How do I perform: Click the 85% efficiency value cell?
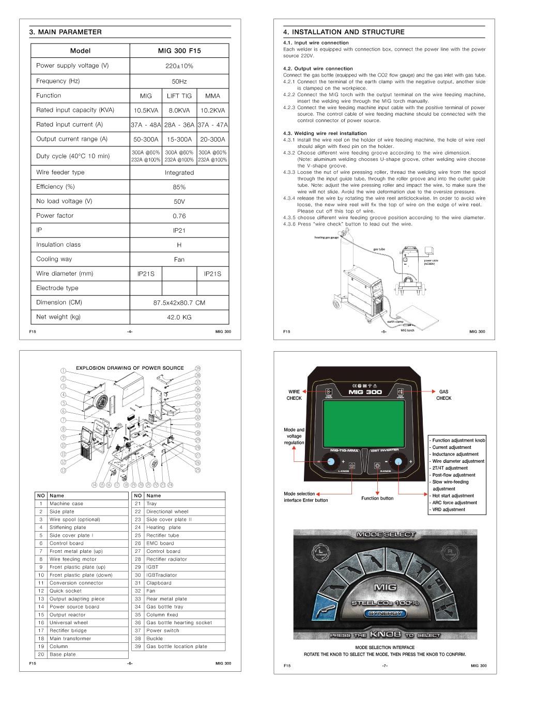pos(179,187)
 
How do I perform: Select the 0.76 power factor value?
pos(179,216)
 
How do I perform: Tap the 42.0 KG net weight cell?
pos(179,318)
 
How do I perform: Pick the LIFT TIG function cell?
pos(179,96)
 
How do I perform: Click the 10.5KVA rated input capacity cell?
pos(146,110)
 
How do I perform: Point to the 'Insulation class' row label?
pos(58,245)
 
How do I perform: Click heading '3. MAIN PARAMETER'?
pos(66,32)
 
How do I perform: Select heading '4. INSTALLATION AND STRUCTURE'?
pos(344,32)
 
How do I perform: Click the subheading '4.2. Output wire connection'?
pos(318,68)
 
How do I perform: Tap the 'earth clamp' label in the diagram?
pos(395,322)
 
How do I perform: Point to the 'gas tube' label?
pos(379,249)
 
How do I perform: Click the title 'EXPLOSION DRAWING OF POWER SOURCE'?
pos(130,368)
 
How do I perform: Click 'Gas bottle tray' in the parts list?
pos(164,607)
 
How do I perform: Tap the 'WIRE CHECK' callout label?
pos(294,395)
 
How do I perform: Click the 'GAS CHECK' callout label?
pos(443,395)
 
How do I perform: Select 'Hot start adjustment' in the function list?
pos(453,495)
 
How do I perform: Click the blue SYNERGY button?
pos(385,613)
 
